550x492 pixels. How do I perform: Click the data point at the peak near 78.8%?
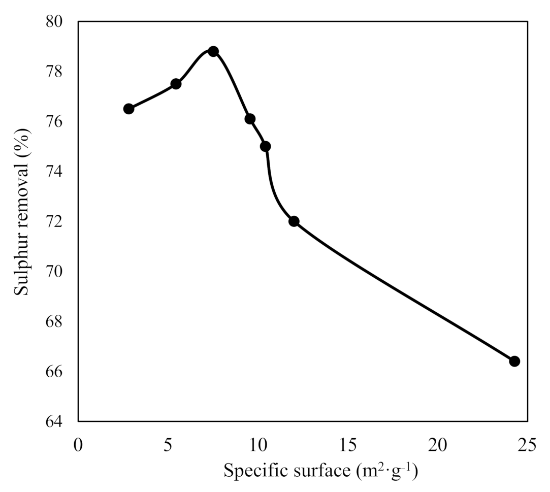(x=213, y=51)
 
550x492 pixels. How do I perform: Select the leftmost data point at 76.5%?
(x=128, y=109)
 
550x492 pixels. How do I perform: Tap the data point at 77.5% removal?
(x=176, y=84)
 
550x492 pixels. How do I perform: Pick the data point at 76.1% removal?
(x=250, y=119)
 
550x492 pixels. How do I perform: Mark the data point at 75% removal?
(x=265, y=146)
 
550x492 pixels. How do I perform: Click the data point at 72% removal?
(x=294, y=221)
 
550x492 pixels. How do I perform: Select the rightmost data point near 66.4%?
(x=514, y=361)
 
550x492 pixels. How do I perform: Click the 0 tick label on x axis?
(x=78, y=445)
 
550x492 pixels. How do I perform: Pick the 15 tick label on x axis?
(x=348, y=445)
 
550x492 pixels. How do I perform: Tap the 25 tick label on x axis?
(x=528, y=445)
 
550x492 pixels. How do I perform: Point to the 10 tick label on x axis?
(x=257, y=445)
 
